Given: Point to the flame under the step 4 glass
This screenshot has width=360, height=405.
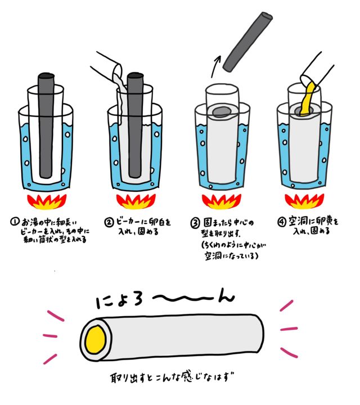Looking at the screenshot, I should (x=304, y=200).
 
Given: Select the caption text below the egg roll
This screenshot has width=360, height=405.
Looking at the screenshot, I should (x=178, y=375).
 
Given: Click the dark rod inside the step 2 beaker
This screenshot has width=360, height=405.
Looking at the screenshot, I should (x=136, y=124).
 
